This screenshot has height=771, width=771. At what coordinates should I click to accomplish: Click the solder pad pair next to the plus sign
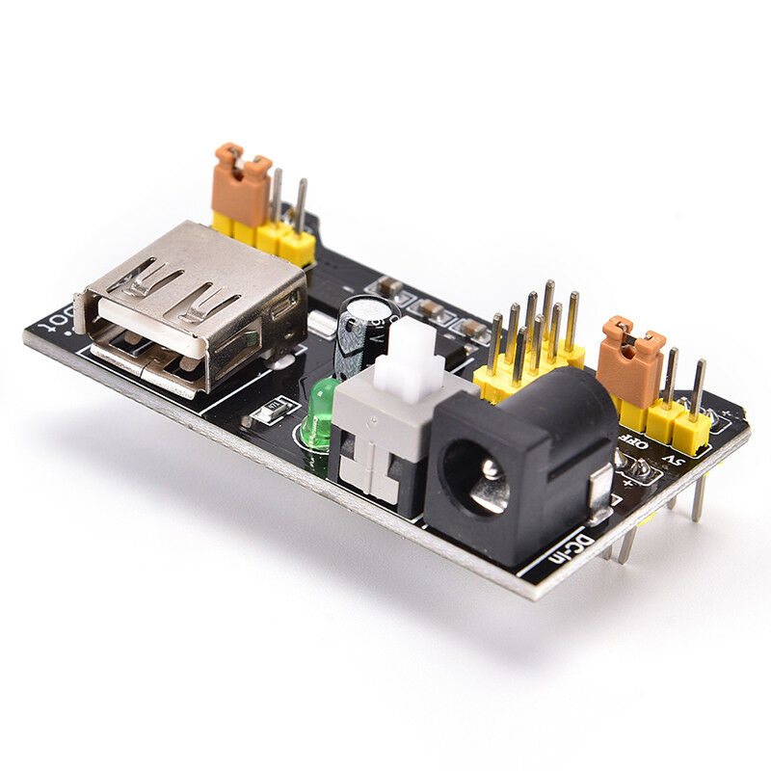pos(636,470)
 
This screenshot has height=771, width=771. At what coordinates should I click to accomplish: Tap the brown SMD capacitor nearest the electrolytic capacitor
pos(391,288)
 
